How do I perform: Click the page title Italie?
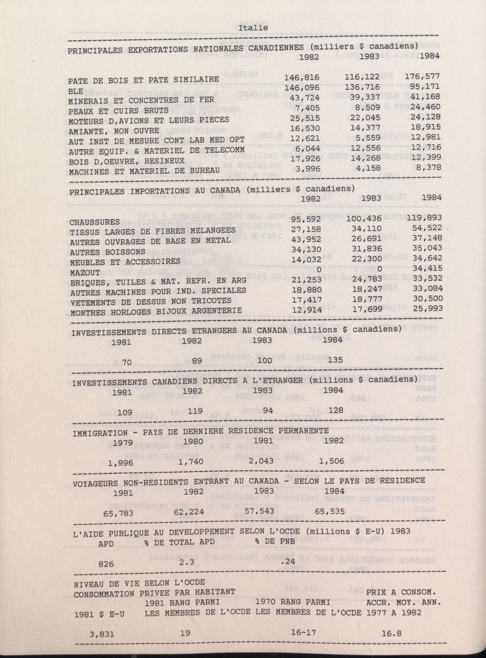253,28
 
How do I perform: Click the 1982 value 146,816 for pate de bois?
302,77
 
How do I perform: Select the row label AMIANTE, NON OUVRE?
114,131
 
